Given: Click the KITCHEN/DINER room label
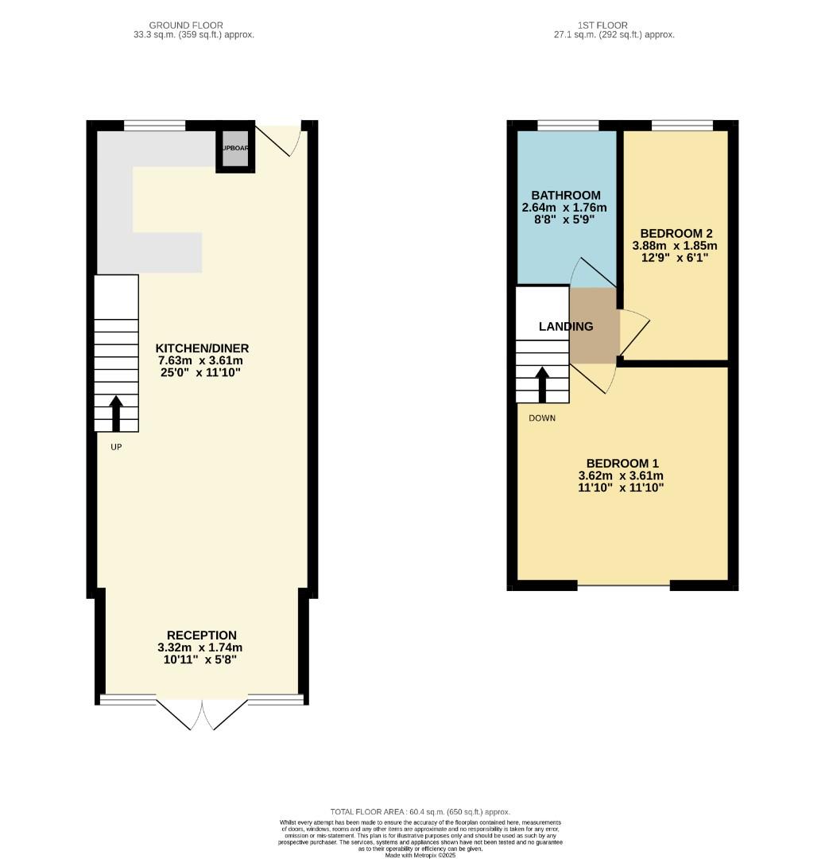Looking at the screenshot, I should (x=202, y=348).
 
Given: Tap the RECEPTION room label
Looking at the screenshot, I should (x=201, y=635).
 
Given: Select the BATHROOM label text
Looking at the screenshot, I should (x=566, y=195).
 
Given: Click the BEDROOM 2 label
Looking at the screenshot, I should (x=676, y=233).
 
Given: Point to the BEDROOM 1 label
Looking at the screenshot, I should (x=622, y=463).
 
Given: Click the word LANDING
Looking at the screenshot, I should (x=566, y=326).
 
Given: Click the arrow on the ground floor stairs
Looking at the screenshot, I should (x=116, y=412).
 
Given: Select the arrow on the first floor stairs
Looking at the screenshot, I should (x=543, y=384).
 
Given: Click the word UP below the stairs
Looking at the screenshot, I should (x=116, y=447).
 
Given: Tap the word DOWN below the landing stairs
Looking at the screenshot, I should (x=542, y=418).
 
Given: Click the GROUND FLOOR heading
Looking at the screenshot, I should (x=186, y=25).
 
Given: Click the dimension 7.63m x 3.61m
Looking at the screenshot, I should (x=202, y=360).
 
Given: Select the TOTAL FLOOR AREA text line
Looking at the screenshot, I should (x=420, y=812).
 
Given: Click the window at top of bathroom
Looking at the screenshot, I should (x=567, y=125).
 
